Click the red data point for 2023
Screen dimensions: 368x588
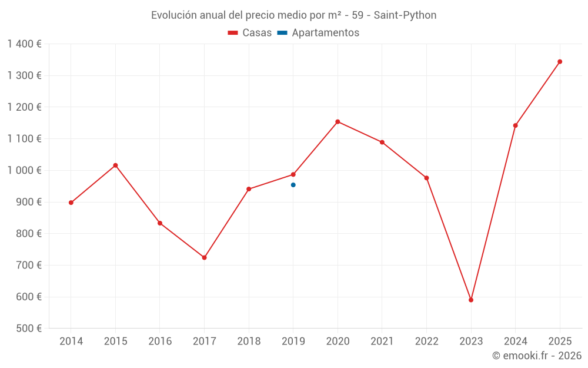pyautogui.click(x=471, y=300)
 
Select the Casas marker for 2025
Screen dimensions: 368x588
pyautogui.click(x=560, y=61)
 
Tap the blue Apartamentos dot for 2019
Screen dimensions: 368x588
pyautogui.click(x=293, y=185)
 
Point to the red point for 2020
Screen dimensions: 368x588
pyautogui.click(x=338, y=122)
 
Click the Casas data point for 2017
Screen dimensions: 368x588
pyautogui.click(x=204, y=257)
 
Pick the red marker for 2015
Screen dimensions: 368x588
pyautogui.click(x=115, y=165)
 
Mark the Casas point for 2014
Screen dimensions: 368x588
pyautogui.click(x=71, y=203)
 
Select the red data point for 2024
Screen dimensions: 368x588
pyautogui.click(x=515, y=125)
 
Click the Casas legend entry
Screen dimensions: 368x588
pyautogui.click(x=250, y=33)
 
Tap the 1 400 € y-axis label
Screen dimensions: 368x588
pyautogui.click(x=24, y=44)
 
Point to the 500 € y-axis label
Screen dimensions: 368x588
pyautogui.click(x=28, y=329)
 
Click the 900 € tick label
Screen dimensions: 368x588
pyautogui.click(x=28, y=202)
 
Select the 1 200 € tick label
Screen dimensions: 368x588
pyautogui.click(x=24, y=107)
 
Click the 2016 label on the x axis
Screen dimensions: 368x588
pyautogui.click(x=160, y=342)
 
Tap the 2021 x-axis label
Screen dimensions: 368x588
pyautogui.click(x=382, y=342)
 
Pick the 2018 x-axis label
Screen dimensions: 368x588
pyautogui.click(x=249, y=342)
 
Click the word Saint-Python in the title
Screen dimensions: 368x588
pyautogui.click(x=405, y=15)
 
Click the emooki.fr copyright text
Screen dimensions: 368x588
pyautogui.click(x=536, y=356)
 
